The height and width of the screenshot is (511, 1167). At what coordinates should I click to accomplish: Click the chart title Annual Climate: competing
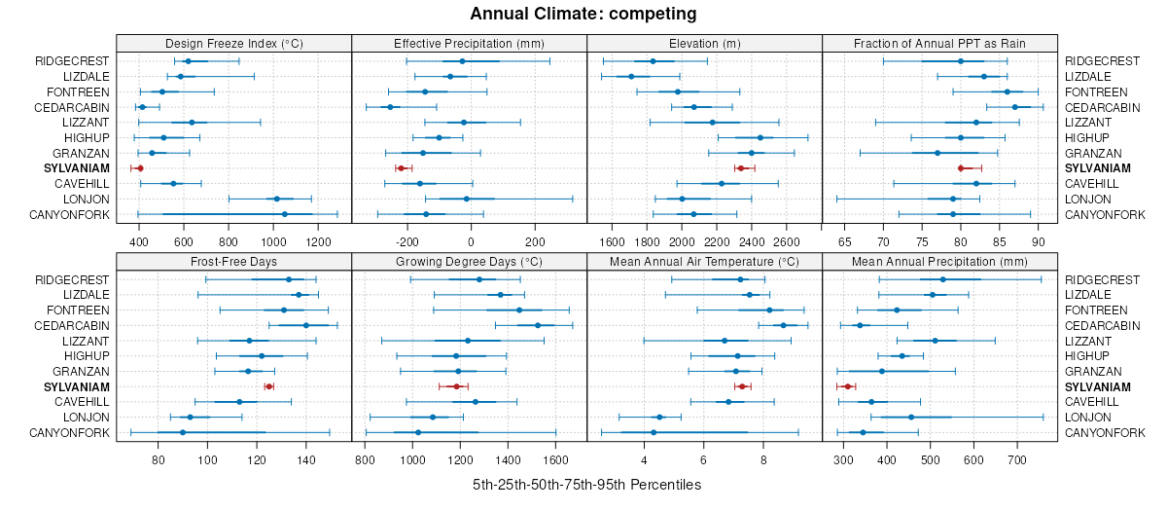tap(583, 14)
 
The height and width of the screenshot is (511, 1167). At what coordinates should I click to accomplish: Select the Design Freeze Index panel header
tap(233, 43)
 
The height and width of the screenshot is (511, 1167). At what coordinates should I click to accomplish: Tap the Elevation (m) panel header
tap(705, 43)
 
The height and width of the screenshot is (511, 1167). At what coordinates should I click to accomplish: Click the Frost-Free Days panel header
tap(233, 262)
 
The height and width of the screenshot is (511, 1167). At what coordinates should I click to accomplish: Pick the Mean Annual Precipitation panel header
tap(939, 262)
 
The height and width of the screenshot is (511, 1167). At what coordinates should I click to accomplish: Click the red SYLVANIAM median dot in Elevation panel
tap(740, 168)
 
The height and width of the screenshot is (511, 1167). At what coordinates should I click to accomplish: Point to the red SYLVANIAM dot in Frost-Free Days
tap(268, 387)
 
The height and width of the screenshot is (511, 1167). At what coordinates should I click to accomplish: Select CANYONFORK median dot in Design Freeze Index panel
tap(285, 214)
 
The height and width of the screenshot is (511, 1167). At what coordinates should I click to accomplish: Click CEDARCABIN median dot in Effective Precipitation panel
tap(390, 107)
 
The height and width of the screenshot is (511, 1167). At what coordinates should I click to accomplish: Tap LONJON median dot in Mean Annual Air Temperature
tap(659, 418)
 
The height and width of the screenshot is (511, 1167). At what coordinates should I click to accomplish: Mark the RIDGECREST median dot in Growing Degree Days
tap(479, 279)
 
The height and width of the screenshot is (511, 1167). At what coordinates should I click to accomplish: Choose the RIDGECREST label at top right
tap(1098, 60)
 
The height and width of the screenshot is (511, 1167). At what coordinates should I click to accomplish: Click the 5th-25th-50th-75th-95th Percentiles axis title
tap(586, 485)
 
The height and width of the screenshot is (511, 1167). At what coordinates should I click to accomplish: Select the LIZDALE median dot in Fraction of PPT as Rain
tap(983, 76)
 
